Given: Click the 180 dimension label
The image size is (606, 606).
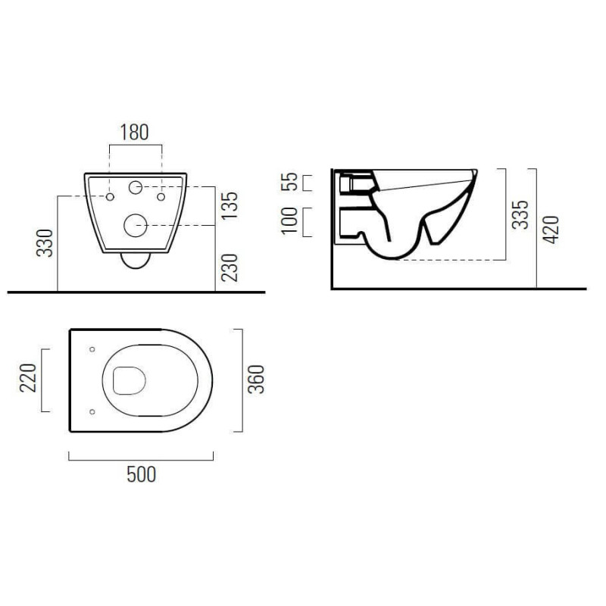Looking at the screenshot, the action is (x=135, y=132).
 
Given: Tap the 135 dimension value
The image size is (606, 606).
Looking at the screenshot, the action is (x=230, y=205).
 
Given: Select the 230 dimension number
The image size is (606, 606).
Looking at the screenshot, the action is (x=230, y=267).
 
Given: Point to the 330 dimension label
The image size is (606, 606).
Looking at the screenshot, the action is (x=45, y=243).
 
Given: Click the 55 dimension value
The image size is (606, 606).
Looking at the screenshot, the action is (x=289, y=182).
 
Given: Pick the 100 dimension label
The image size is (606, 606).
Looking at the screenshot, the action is (x=289, y=220).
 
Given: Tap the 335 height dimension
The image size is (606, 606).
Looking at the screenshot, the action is (x=520, y=214).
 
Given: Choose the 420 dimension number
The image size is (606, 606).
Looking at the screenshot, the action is (x=551, y=230).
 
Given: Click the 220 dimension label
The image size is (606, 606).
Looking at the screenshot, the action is (x=28, y=378).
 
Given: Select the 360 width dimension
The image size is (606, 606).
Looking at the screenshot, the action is (x=256, y=380).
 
